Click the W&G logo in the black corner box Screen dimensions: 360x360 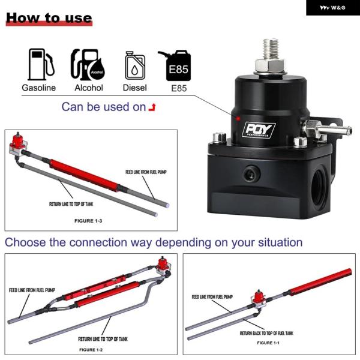pyautogui.click(x=332, y=8)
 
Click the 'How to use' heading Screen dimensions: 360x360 pyautogui.click(x=49, y=18)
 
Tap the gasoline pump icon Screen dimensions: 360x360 pyautogui.click(x=41, y=64)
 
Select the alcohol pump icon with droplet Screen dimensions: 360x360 pyautogui.click(x=88, y=65)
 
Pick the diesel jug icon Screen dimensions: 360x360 pyautogui.click(x=135, y=65)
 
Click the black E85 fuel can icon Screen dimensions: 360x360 pyautogui.click(x=176, y=65)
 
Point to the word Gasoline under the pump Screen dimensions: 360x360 pyautogui.click(x=39, y=88)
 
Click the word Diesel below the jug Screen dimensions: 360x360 pyautogui.click(x=135, y=88)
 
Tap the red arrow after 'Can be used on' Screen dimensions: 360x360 pyautogui.click(x=152, y=107)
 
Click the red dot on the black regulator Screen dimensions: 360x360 pyautogui.click(x=238, y=119)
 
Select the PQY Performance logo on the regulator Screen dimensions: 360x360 pyautogui.click(x=259, y=130)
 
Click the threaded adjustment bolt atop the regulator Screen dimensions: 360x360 pyautogui.click(x=271, y=56)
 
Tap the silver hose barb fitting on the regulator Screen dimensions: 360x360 pyautogui.click(x=326, y=129)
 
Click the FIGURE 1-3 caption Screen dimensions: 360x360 pyautogui.click(x=88, y=221)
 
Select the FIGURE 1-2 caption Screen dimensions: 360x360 pyautogui.click(x=91, y=350)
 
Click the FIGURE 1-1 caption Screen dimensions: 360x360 pyautogui.click(x=268, y=343)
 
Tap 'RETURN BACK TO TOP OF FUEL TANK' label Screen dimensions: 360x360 pyautogui.click(x=266, y=333)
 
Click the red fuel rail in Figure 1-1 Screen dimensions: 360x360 pyautogui.click(x=320, y=282)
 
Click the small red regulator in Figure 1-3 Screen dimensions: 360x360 pyautogui.click(x=18, y=141)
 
